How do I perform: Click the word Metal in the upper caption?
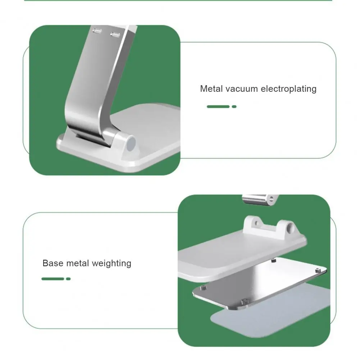(x=211, y=88)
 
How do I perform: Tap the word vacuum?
(x=242, y=89)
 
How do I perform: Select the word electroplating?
(x=288, y=89)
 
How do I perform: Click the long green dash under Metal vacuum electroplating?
(x=218, y=106)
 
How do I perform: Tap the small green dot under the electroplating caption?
(x=234, y=106)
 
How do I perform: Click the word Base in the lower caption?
(x=53, y=263)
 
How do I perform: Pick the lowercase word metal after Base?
(x=77, y=263)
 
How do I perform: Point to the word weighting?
(x=111, y=264)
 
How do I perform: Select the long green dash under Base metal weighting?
(x=53, y=279)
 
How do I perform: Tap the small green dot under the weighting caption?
(x=68, y=279)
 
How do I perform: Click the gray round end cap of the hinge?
(x=131, y=143)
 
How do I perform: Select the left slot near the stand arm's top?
(x=97, y=31)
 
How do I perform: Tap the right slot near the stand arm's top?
(x=115, y=35)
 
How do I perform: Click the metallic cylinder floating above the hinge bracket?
(x=260, y=199)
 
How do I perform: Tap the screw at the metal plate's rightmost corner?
(x=318, y=271)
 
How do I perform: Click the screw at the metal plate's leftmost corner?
(x=203, y=288)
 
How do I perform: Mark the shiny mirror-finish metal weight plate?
(x=259, y=284)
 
